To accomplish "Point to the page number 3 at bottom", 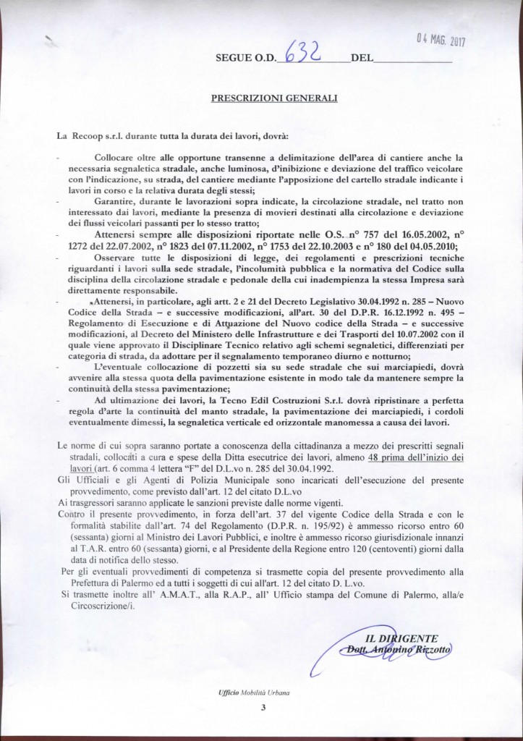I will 263,708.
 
